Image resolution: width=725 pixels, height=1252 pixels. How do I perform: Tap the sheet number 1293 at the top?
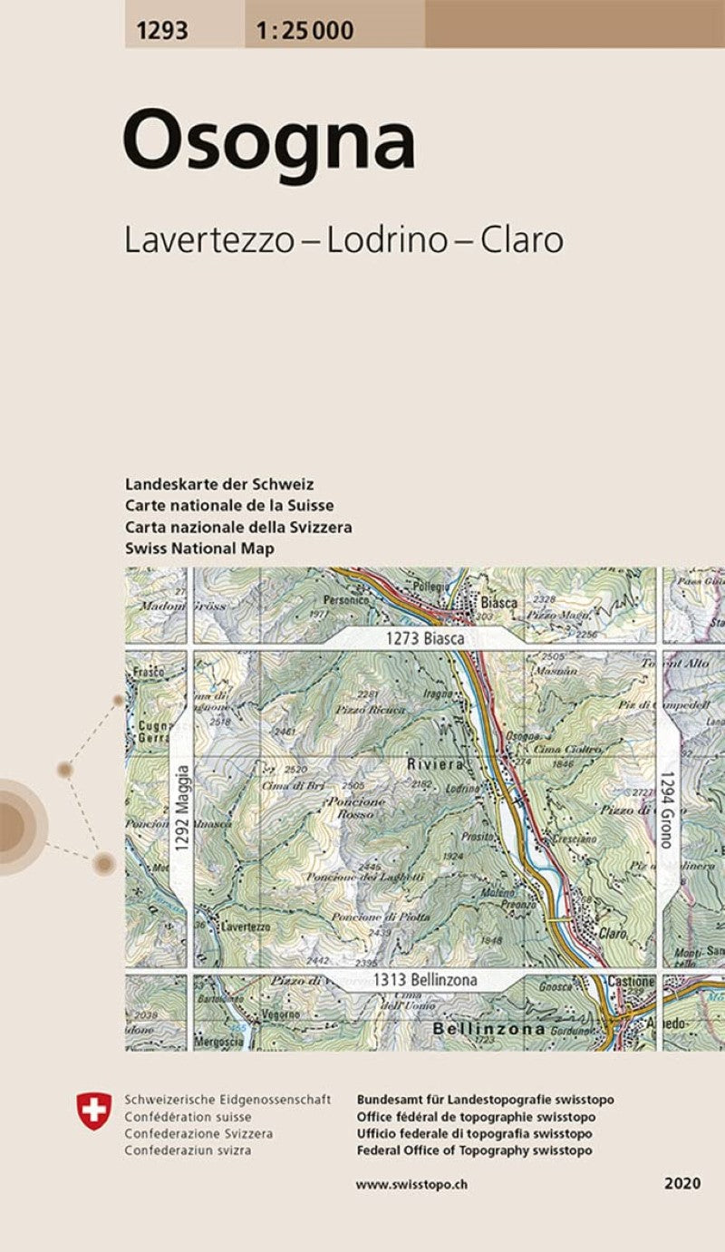point(163,31)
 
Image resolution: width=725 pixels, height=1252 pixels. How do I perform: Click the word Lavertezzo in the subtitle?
point(209,239)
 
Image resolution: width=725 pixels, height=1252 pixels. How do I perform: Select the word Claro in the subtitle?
point(522,239)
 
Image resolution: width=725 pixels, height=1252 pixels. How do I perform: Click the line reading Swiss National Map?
point(199,548)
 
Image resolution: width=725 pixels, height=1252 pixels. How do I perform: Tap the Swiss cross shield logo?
point(94,1111)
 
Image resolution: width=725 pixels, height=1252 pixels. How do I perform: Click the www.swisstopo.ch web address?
point(411,1184)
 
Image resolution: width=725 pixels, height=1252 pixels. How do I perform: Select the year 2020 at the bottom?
point(681,1184)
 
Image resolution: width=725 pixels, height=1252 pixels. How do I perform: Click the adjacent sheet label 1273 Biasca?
point(425,638)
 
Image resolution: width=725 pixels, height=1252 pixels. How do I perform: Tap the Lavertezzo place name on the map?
point(245,927)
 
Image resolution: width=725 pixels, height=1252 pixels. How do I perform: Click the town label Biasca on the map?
point(499,602)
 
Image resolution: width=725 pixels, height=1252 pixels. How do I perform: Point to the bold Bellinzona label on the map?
point(488,1029)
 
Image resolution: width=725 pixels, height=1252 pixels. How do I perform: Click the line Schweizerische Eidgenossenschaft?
point(227,1100)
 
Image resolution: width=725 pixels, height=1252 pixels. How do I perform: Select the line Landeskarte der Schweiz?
point(220,484)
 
